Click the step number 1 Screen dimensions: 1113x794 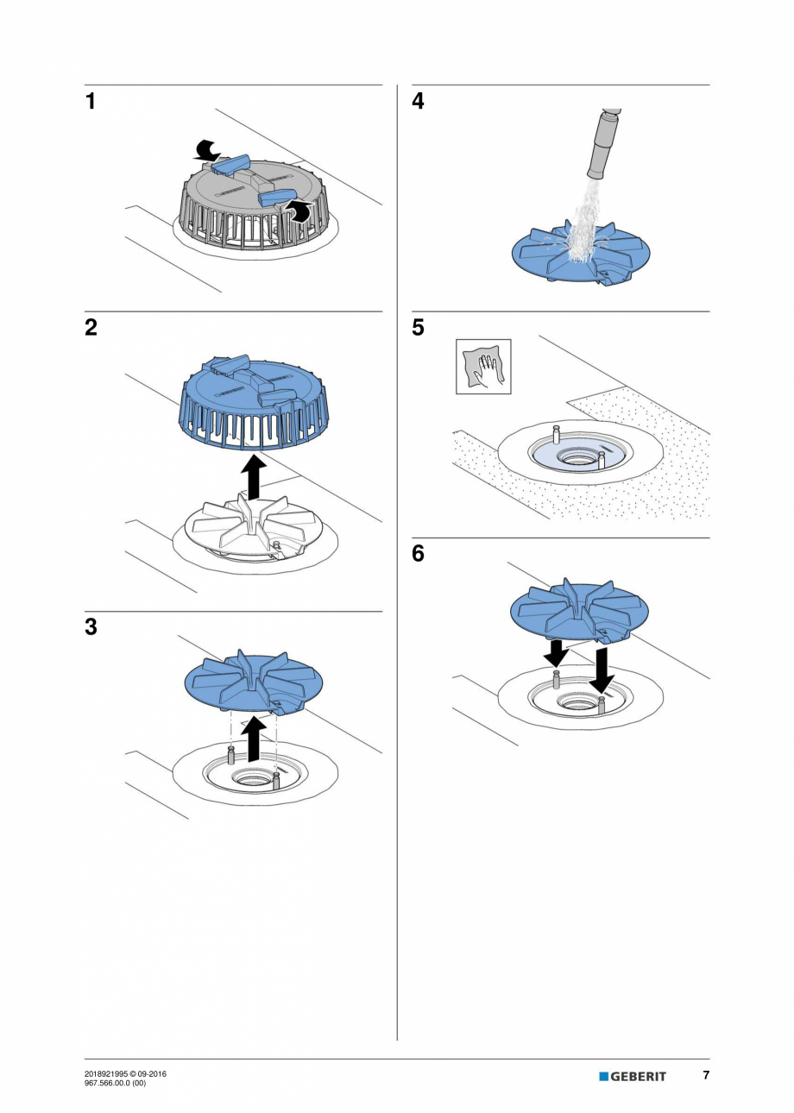pyautogui.click(x=91, y=102)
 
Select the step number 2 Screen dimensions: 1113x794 pyautogui.click(x=91, y=328)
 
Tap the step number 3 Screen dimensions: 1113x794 pyautogui.click(x=91, y=627)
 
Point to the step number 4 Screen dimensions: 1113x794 pyautogui.click(x=419, y=102)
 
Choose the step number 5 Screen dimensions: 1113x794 pyautogui.click(x=419, y=328)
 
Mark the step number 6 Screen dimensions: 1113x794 pyautogui.click(x=419, y=554)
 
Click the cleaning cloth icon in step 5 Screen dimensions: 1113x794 pyautogui.click(x=483, y=367)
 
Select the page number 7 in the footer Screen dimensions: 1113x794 pyautogui.click(x=705, y=1075)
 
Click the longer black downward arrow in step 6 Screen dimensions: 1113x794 pyautogui.click(x=601, y=671)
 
